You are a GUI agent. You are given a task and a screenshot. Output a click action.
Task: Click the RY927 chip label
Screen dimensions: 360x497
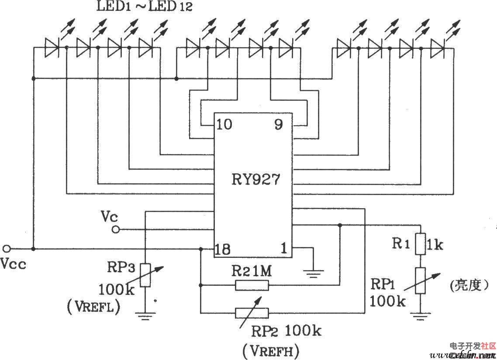click(255, 179)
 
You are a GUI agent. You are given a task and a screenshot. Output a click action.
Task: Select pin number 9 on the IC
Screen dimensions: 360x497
click(278, 125)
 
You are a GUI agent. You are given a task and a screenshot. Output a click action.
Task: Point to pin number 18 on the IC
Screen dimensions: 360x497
click(223, 250)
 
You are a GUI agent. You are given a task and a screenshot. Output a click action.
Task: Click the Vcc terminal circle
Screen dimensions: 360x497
click(6, 249)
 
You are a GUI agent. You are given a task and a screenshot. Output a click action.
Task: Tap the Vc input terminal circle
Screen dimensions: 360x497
click(115, 229)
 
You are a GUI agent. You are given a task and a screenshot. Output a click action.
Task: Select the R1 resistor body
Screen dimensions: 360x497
click(420, 244)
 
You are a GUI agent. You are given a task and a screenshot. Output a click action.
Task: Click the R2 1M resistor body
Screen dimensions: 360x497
click(252, 285)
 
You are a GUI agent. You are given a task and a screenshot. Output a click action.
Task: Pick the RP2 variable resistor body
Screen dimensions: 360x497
click(252, 312)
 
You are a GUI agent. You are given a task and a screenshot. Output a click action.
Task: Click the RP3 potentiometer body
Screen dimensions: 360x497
click(145, 275)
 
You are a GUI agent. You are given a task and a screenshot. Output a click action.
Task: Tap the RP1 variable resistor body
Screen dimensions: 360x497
click(420, 281)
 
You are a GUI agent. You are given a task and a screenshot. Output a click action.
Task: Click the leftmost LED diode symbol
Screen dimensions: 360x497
click(52, 47)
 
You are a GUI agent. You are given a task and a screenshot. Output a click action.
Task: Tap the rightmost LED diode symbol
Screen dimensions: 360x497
click(437, 47)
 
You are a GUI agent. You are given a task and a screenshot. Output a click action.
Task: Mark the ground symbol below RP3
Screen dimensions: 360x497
click(145, 315)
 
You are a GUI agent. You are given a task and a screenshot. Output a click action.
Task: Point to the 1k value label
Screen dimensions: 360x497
click(435, 245)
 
